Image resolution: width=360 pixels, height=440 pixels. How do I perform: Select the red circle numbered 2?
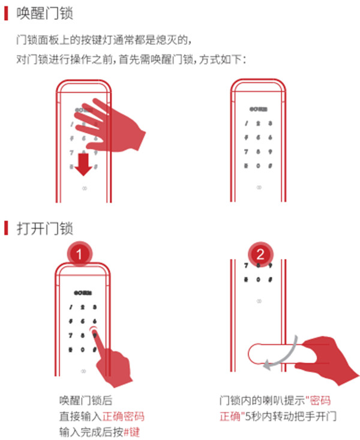click(259, 253)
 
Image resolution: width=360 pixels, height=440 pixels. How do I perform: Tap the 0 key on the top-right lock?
click(258, 165)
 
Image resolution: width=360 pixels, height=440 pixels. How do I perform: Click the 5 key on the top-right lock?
click(258, 137)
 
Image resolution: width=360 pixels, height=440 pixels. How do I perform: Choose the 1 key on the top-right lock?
click(246, 124)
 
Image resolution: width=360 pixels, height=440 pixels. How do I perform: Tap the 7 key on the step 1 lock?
click(71, 335)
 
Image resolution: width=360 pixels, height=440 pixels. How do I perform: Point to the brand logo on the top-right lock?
click(257, 110)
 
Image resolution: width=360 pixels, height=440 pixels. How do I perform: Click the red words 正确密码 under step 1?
click(123, 416)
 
